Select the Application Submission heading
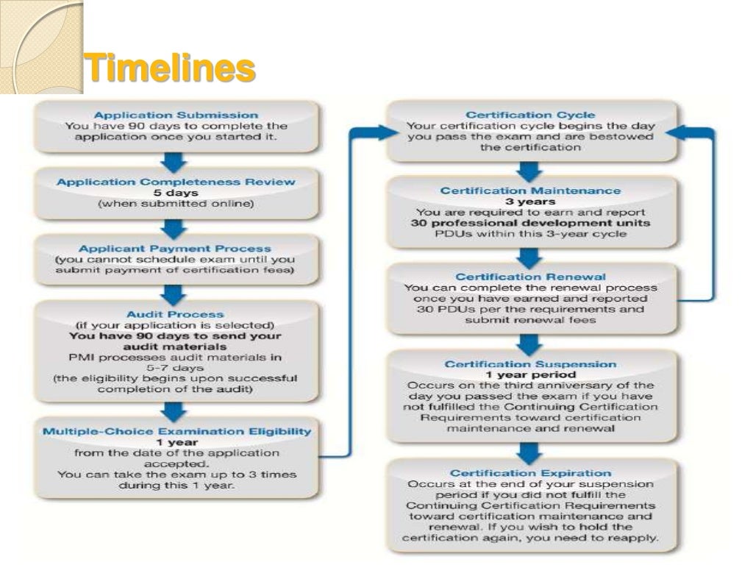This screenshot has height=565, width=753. pos(176,115)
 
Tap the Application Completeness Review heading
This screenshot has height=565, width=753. pos(176,182)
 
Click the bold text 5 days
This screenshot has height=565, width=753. pos(176,193)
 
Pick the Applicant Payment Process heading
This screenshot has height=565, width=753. pos(175,249)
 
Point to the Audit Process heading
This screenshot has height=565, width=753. pos(175,314)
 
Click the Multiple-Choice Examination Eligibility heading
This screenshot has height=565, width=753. pos(176,431)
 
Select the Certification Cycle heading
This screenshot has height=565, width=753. pos(530,115)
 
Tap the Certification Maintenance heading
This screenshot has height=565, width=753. pos(530,191)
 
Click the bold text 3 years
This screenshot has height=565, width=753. pos(530,202)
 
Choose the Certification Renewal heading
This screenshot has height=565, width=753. pos(530,277)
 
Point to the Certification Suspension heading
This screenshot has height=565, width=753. pos(530,364)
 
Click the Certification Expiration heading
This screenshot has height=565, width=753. pos(530,473)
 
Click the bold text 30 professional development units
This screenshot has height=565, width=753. pos(530,223)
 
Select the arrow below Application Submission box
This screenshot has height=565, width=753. pos(175,160)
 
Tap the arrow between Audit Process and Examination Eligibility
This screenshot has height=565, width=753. pos(175,411)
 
